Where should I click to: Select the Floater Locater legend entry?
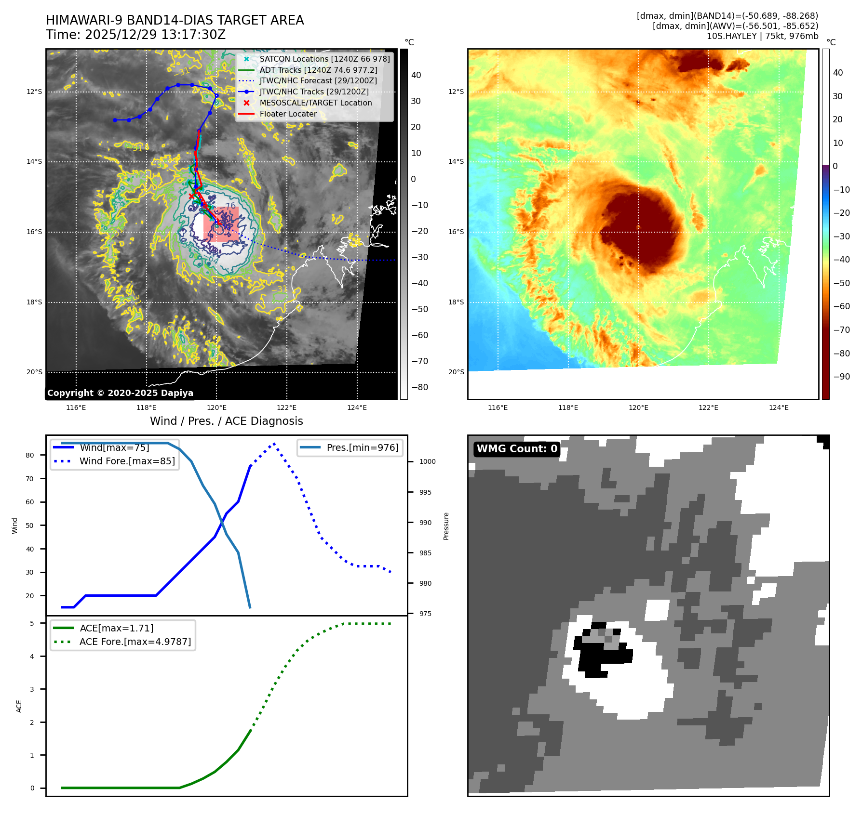(288, 114)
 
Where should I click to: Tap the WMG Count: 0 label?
(516, 449)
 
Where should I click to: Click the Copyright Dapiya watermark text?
(120, 393)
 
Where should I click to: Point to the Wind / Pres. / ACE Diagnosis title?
(226, 421)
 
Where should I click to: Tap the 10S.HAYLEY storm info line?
(762, 36)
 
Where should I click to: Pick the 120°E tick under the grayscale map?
(216, 407)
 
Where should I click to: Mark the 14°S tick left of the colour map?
(456, 161)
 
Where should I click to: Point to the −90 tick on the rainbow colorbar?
(841, 377)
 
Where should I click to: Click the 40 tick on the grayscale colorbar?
(416, 75)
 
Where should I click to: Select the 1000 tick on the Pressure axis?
(427, 461)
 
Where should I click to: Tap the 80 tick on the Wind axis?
(30, 455)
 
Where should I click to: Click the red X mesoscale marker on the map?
(192, 196)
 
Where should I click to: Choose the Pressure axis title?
(446, 526)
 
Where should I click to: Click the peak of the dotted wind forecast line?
(274, 444)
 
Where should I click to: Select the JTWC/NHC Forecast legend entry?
(318, 81)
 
